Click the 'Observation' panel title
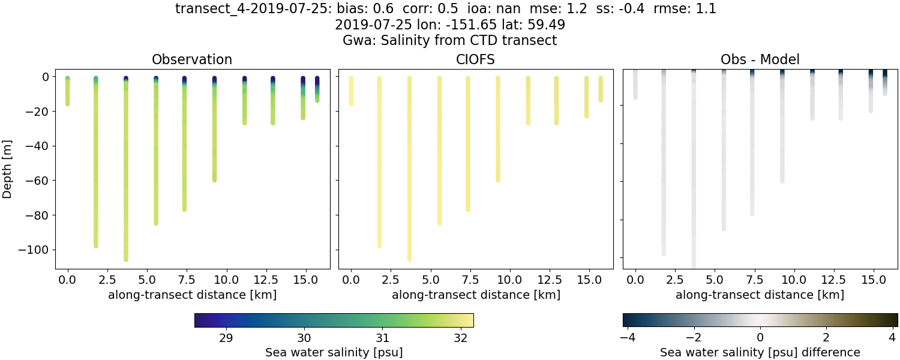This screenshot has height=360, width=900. pos(192,59)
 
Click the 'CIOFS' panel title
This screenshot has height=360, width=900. pos(476,59)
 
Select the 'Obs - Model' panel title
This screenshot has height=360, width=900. pos(760,59)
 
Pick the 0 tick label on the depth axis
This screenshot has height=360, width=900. pos(46,77)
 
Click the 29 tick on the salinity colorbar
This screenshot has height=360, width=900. pos(226,337)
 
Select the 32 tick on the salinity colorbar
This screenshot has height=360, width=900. pos(460,337)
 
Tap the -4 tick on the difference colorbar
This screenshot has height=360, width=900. pos(626,337)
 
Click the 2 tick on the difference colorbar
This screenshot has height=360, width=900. pos(826,337)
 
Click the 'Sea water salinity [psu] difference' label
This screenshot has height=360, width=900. pos(760,352)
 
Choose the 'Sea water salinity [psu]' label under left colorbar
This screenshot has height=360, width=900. pos(334,352)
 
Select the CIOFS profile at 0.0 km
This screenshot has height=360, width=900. pos(351,90)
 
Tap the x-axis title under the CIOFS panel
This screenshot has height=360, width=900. pos(476,295)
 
